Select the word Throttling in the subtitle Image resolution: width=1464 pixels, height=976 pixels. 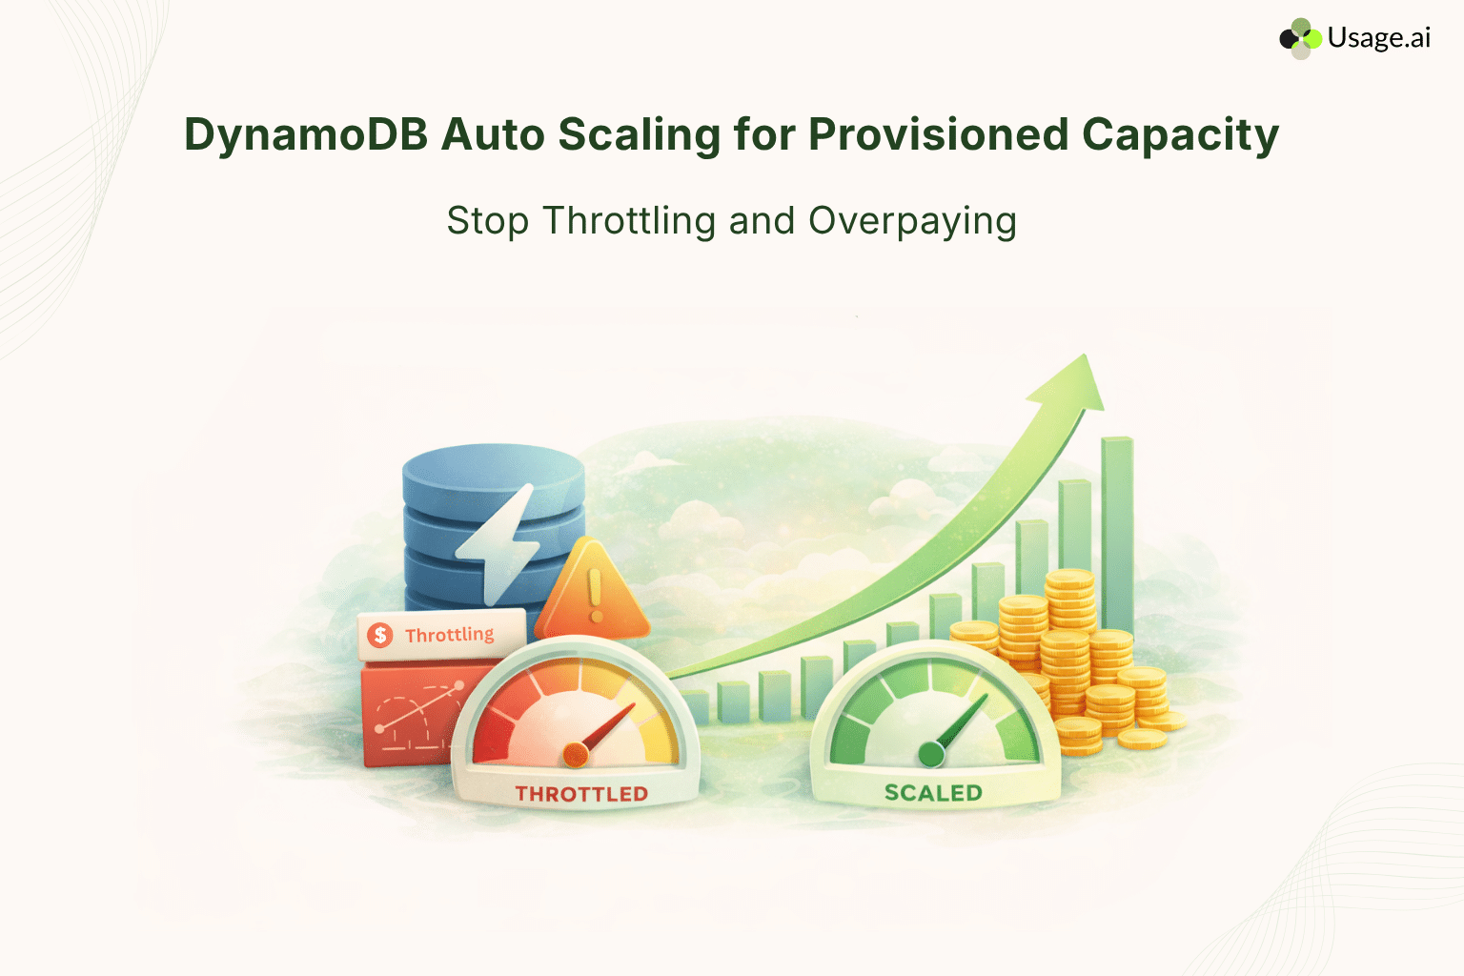pyautogui.click(x=629, y=221)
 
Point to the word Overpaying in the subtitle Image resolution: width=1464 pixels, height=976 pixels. pyautogui.click(x=912, y=221)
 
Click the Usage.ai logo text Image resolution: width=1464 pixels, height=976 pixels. pyautogui.click(x=1378, y=38)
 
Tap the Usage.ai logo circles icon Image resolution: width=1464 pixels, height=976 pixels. pyautogui.click(x=1300, y=38)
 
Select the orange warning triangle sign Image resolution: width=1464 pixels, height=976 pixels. pyautogui.click(x=593, y=596)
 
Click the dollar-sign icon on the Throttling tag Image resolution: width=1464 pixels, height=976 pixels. pyautogui.click(x=380, y=636)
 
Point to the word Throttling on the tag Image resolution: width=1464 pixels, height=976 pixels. pyautogui.click(x=449, y=635)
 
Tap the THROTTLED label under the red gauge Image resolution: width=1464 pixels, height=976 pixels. pyautogui.click(x=581, y=794)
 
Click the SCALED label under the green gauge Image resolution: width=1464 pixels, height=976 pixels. pyautogui.click(x=933, y=793)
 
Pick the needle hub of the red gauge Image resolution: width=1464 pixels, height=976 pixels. pyautogui.click(x=576, y=755)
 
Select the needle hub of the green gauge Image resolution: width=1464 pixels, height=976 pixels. pyautogui.click(x=931, y=755)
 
